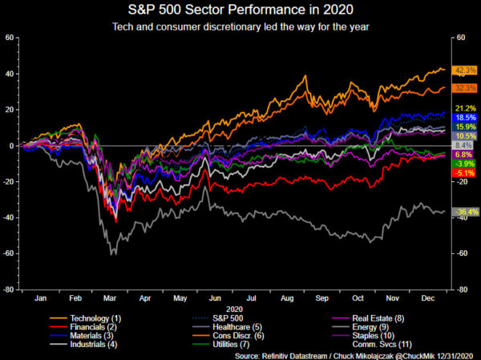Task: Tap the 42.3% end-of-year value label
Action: (x=465, y=71)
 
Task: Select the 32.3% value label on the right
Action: (x=465, y=87)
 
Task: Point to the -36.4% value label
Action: (x=465, y=212)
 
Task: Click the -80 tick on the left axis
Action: (x=10, y=290)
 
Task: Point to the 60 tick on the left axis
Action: (x=10, y=38)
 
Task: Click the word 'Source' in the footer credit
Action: (x=248, y=354)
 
